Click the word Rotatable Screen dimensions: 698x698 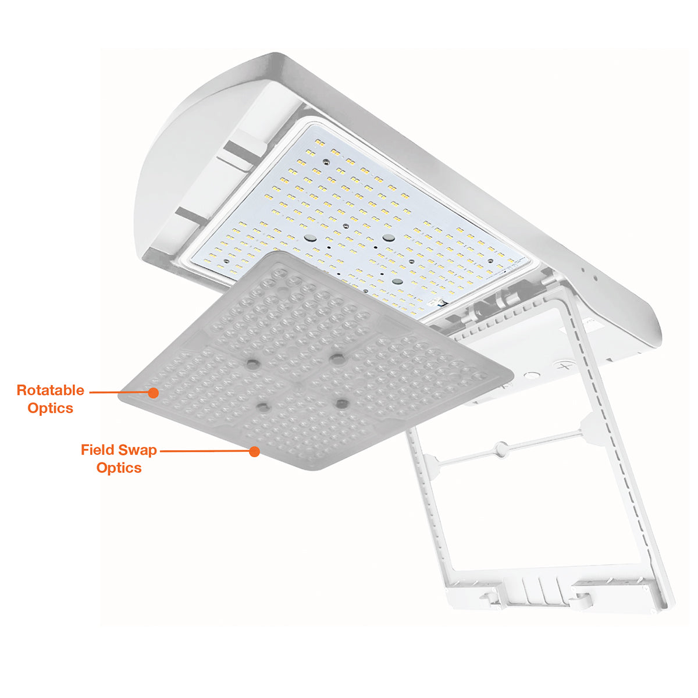pos(51,390)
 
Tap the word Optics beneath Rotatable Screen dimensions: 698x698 pos(51,408)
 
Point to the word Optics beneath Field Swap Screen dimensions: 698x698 pos(119,468)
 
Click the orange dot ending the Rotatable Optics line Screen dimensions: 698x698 pos(154,393)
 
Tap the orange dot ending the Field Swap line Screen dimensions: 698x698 pos(255,452)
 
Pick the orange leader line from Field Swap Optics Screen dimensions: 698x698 pos(205,451)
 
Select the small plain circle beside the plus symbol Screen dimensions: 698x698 pos(532,376)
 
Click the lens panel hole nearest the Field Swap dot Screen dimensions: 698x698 pos(263,408)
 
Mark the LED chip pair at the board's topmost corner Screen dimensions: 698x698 pos(319,143)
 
